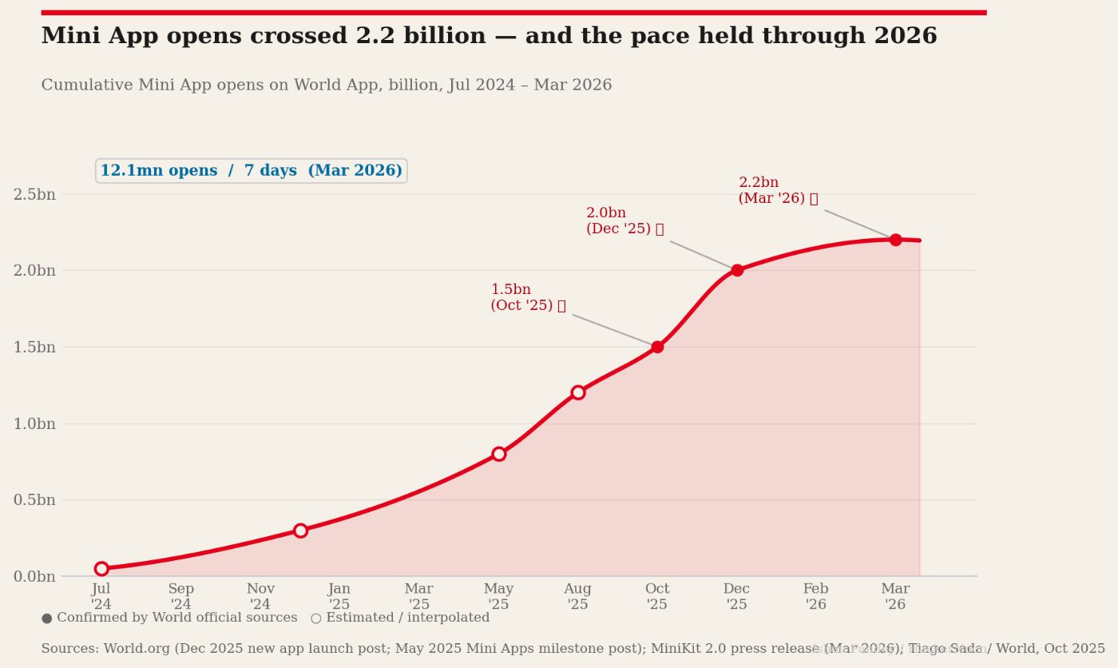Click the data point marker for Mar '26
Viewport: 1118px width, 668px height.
click(x=895, y=240)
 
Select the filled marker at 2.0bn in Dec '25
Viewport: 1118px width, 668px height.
click(x=737, y=270)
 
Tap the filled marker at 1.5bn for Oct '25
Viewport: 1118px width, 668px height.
click(x=657, y=347)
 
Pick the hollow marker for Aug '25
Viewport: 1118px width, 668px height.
click(x=578, y=392)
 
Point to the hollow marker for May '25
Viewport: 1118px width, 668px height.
click(x=499, y=454)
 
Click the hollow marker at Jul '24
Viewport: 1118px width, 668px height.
click(x=101, y=569)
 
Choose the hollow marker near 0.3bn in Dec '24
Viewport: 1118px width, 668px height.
click(x=300, y=531)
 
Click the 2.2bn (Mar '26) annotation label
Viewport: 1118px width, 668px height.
click(x=778, y=191)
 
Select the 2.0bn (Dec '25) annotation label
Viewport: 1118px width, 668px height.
click(x=624, y=221)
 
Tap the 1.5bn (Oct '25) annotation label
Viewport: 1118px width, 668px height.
click(x=528, y=297)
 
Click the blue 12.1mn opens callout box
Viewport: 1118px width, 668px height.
click(x=252, y=171)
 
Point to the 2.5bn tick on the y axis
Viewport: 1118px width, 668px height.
click(x=34, y=194)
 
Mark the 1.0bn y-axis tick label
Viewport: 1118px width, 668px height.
click(x=34, y=423)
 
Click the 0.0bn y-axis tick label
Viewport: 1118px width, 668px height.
click(x=34, y=576)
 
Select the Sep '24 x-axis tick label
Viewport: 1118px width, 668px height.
click(x=180, y=597)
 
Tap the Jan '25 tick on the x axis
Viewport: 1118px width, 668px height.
click(x=339, y=597)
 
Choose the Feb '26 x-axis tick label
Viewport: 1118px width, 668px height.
click(x=816, y=597)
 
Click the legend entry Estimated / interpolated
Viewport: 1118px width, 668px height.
click(x=400, y=618)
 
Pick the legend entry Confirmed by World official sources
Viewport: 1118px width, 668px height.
click(x=169, y=618)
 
